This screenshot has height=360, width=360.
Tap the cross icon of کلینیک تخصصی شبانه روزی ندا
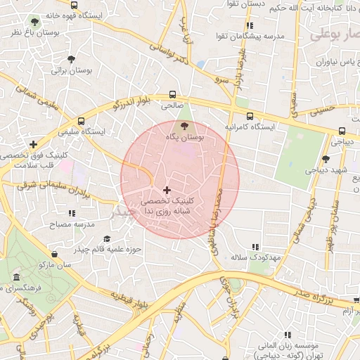[x=167, y=189]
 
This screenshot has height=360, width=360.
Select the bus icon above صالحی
[x=173, y=94]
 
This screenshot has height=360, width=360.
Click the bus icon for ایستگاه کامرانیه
[x=250, y=115]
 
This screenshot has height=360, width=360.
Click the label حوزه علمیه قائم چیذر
[x=108, y=250]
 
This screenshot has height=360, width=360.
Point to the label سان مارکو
[x=56, y=265]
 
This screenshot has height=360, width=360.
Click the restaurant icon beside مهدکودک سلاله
[x=255, y=246]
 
